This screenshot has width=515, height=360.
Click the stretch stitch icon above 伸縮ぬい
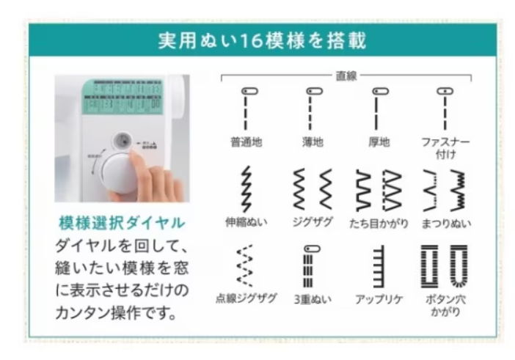click(246, 191)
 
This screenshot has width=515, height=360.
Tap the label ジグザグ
click(312, 223)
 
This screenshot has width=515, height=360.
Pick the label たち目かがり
click(379, 223)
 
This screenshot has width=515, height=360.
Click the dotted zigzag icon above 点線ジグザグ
click(246, 267)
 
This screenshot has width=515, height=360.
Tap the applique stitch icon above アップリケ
click(379, 267)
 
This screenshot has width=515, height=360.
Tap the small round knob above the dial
click(123, 140)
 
